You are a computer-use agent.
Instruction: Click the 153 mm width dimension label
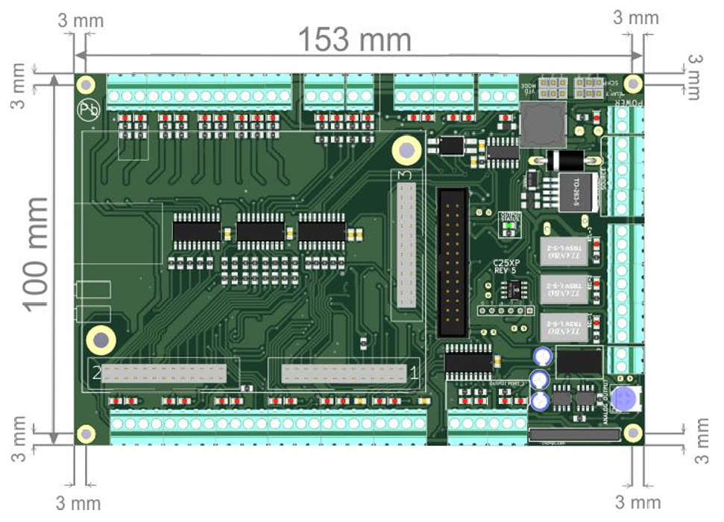coord(355,40)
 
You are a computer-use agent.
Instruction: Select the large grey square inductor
coord(542,125)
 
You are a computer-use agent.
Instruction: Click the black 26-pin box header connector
coord(452,262)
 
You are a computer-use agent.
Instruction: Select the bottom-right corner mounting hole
coord(633,433)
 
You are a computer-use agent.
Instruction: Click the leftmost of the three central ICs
coord(196,230)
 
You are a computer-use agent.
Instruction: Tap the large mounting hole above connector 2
coord(100,339)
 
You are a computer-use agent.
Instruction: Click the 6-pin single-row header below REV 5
coord(502,309)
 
